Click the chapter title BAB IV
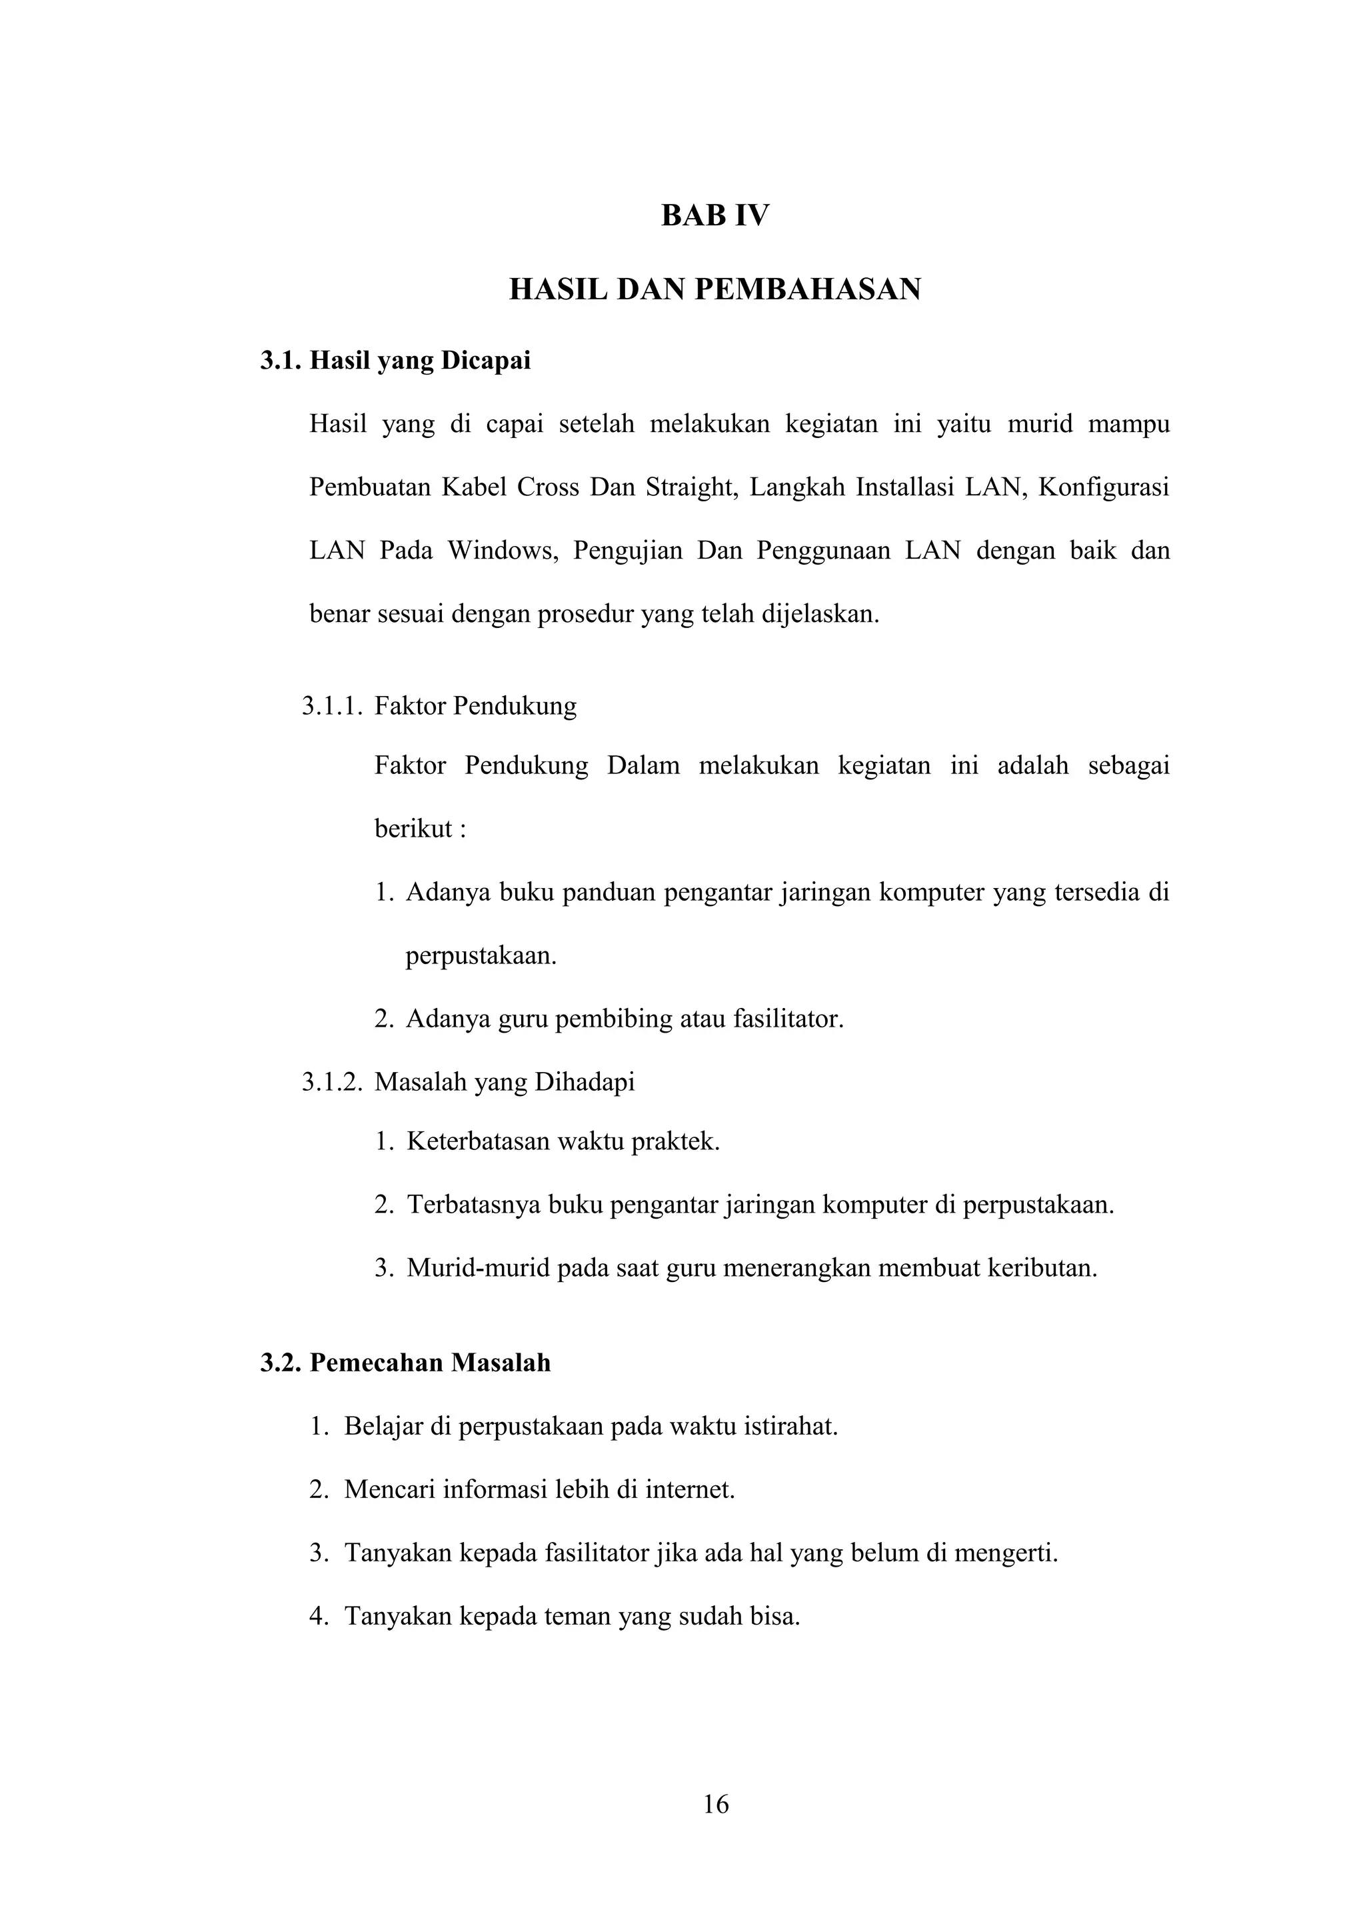pyautogui.click(x=715, y=216)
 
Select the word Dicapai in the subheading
pyautogui.click(x=486, y=361)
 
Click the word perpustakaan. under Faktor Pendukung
pyautogui.click(x=481, y=956)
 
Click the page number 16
pyautogui.click(x=716, y=1805)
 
